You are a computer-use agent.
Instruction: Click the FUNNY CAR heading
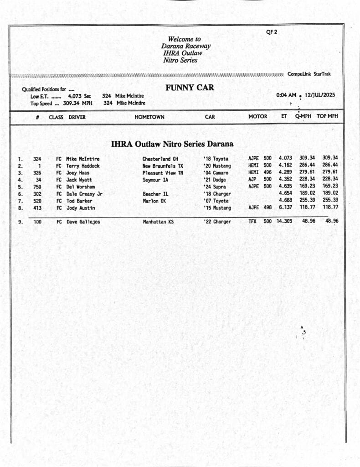click(x=190, y=88)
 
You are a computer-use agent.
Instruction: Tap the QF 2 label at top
click(x=272, y=32)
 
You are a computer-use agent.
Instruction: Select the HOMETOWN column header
click(x=149, y=117)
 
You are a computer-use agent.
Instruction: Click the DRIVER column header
click(x=77, y=117)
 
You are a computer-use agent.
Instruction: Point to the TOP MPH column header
click(x=327, y=116)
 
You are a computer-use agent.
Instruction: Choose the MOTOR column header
click(x=257, y=116)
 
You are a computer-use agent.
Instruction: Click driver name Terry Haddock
click(x=83, y=166)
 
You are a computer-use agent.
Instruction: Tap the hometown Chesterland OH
click(x=160, y=159)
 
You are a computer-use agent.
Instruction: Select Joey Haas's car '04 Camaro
click(x=216, y=173)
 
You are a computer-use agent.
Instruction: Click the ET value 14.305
click(x=285, y=222)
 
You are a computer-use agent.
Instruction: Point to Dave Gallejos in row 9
click(x=83, y=222)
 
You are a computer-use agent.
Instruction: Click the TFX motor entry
click(x=252, y=222)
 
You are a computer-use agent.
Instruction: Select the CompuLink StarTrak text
click(x=309, y=74)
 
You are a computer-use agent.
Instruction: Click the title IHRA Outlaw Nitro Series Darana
click(x=172, y=144)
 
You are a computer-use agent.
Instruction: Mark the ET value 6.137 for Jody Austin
click(x=285, y=208)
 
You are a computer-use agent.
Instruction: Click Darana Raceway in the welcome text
click(x=185, y=46)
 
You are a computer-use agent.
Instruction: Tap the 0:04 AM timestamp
click(x=286, y=95)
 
